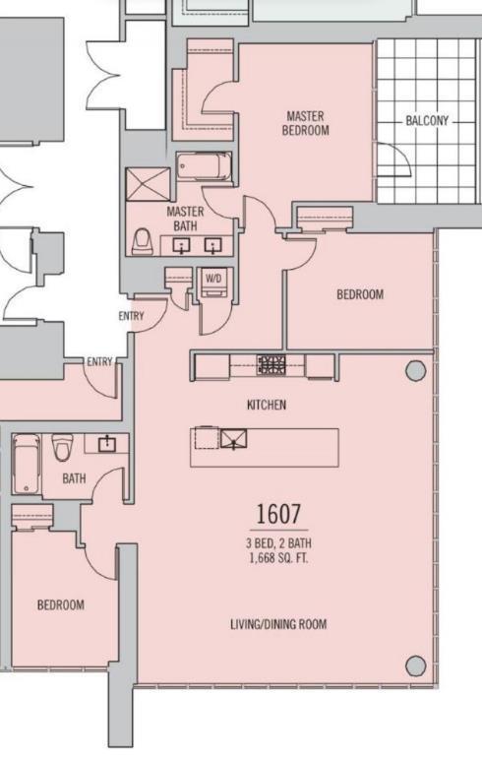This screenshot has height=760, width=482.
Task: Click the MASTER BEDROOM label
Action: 306,123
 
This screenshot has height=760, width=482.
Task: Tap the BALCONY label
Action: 427,121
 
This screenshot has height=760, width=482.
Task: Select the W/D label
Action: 213,279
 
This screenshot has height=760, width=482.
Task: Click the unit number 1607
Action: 278,514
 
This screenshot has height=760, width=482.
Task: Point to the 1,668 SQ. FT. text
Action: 278,558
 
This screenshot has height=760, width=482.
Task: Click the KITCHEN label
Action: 267,405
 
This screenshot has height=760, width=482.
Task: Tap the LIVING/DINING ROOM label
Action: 278,624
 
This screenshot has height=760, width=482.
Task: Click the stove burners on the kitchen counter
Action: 271,365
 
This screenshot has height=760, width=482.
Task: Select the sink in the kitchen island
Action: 234,439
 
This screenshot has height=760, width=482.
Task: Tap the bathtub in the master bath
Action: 204,166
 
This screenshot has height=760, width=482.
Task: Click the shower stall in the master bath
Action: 149,184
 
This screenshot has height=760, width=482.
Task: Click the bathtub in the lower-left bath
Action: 28,464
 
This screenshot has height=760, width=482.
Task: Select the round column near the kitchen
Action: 416,371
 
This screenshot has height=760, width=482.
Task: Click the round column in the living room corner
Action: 416,665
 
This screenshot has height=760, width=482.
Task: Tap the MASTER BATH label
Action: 185,219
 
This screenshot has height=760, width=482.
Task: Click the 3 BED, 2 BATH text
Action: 278,543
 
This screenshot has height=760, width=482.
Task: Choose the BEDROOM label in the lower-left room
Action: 61,604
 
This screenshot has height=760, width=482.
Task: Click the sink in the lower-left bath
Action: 107,443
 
